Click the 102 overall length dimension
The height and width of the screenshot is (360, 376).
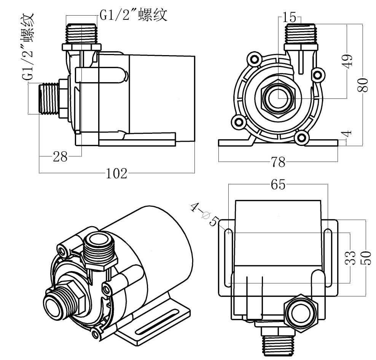point(116,173)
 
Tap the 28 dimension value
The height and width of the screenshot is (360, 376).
point(60,156)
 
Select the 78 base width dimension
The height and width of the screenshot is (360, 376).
point(278,162)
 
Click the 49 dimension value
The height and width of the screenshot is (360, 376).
point(348,60)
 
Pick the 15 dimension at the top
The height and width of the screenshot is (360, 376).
point(289,17)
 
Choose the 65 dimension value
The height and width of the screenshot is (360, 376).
point(278,185)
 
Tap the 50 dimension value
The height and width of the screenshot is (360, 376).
point(366,258)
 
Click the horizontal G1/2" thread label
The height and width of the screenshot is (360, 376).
point(134,15)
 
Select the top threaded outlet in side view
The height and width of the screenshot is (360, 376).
point(81,34)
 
